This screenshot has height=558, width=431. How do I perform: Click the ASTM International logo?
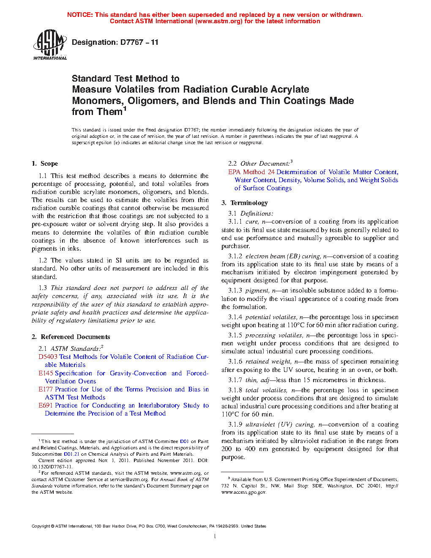tap(50, 44)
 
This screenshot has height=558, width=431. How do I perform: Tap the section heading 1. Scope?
tap(45, 164)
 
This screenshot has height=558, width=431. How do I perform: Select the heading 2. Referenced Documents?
tap(71, 337)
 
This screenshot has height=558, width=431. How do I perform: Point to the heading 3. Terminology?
tap(245, 203)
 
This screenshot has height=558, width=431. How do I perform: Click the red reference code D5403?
tap(48, 357)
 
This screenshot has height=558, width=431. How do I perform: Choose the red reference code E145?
tap(46, 373)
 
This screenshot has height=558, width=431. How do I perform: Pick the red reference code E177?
tap(46, 389)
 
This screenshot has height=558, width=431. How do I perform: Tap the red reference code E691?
tap(46, 405)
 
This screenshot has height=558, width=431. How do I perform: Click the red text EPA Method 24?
tap(251, 172)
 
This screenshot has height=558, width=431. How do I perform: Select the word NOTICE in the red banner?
tap(80, 15)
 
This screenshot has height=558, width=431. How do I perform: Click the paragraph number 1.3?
tap(43, 288)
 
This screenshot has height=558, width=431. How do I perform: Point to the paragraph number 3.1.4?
tap(235, 317)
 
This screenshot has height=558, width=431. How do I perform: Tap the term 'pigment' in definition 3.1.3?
tap(257, 290)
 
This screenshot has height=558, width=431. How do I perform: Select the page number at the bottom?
tap(215, 536)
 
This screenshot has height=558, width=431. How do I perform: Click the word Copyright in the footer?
tap(41, 526)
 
